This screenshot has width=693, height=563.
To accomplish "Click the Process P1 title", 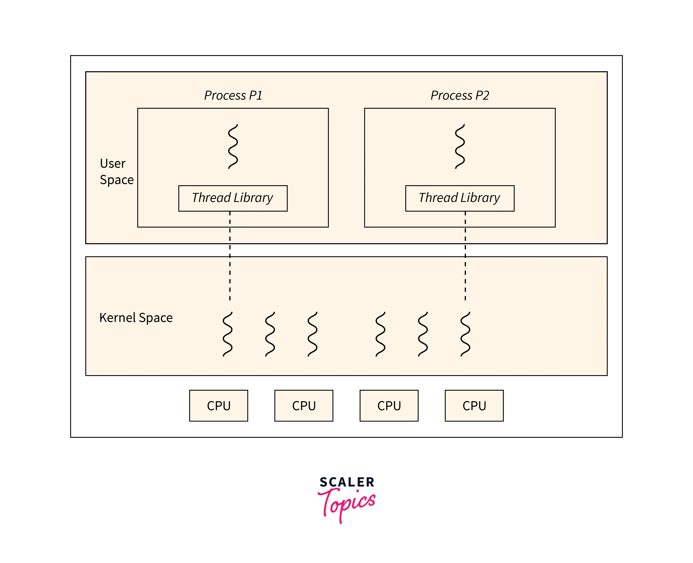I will [x=233, y=95].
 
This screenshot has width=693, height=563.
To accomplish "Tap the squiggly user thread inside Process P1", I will [x=233, y=146].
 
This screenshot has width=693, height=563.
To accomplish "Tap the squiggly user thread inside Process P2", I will [x=460, y=146].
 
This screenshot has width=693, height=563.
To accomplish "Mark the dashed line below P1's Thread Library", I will [x=230, y=256].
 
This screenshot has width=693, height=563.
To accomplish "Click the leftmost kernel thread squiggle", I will [x=227, y=334].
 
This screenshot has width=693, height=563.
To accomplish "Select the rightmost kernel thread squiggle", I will [x=465, y=334].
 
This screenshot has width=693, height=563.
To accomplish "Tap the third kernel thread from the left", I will [x=312, y=334].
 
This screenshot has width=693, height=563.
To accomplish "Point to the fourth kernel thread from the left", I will [x=380, y=334].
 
